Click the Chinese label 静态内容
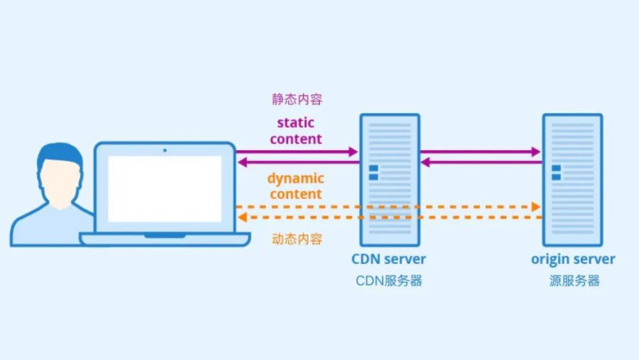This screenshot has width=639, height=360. click(x=297, y=100)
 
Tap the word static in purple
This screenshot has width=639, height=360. click(x=297, y=123)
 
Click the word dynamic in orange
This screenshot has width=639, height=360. click(x=295, y=178)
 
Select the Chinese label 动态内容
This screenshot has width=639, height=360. click(x=297, y=238)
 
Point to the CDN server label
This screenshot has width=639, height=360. click(x=388, y=260)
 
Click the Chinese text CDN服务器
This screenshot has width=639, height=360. click(x=388, y=281)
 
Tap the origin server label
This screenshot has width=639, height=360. click(x=573, y=260)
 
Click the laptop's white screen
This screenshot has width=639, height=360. click(x=165, y=188)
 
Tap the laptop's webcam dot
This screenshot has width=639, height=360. click(x=164, y=149)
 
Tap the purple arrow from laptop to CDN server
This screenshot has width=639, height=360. click(x=298, y=152)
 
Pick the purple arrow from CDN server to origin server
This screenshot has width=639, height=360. click(x=481, y=152)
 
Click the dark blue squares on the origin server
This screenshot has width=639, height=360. click(x=556, y=172)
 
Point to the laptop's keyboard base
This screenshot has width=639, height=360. click(x=164, y=239)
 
